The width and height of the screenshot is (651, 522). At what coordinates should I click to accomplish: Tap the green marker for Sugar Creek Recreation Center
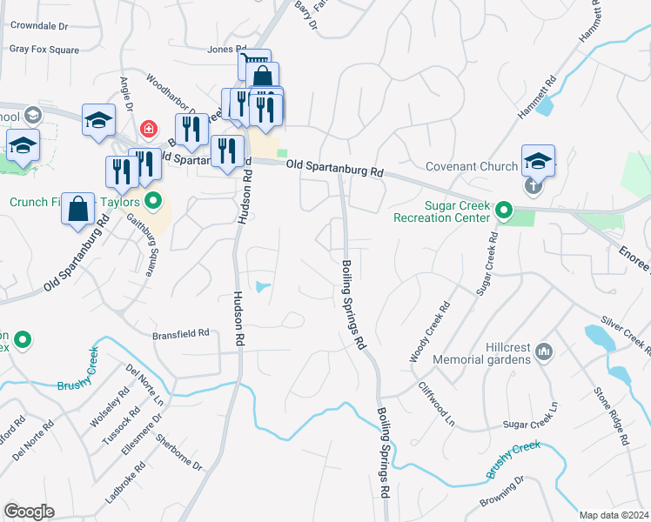(503, 210)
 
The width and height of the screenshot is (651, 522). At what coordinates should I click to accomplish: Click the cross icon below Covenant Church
(533, 184)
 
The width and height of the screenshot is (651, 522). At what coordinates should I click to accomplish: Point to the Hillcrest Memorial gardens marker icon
(545, 351)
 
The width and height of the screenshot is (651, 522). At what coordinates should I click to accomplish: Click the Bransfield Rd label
(181, 332)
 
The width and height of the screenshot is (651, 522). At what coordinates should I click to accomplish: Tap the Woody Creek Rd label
(429, 332)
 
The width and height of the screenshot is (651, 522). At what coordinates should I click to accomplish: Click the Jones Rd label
(227, 50)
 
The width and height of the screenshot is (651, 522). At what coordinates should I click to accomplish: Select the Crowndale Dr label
(39, 26)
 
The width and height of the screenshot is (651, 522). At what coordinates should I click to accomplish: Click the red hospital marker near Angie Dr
(149, 130)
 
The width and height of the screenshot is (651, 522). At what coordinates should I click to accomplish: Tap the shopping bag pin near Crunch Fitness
(78, 209)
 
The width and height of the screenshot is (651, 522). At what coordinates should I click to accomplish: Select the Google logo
(29, 512)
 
